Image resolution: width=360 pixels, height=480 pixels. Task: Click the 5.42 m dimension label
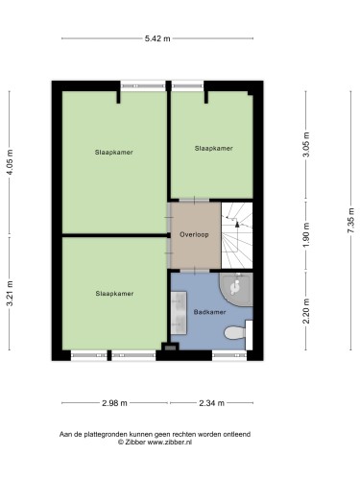point(157,38)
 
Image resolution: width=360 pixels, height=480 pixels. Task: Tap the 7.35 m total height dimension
point(351,221)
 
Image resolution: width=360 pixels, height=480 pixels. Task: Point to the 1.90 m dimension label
point(306,235)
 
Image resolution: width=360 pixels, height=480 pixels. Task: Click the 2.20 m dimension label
point(306,311)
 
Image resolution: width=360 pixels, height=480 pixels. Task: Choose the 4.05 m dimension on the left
point(10,162)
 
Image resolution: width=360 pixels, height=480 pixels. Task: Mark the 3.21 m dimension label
point(10,294)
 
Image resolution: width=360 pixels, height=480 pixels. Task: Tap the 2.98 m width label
point(114,403)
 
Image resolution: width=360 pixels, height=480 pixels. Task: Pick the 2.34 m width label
point(211,403)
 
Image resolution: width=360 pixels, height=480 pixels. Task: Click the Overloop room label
point(194,234)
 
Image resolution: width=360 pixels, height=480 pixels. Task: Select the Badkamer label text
point(209,312)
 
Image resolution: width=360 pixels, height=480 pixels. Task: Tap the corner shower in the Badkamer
point(237,289)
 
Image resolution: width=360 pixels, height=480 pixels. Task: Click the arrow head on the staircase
point(237,224)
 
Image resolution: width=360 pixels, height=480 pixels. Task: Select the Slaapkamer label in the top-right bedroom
point(213,149)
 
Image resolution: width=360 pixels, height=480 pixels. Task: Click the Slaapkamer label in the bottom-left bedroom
point(114,294)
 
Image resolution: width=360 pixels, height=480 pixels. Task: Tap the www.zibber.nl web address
point(169,443)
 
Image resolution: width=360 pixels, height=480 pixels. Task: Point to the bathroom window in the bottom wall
point(229,355)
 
